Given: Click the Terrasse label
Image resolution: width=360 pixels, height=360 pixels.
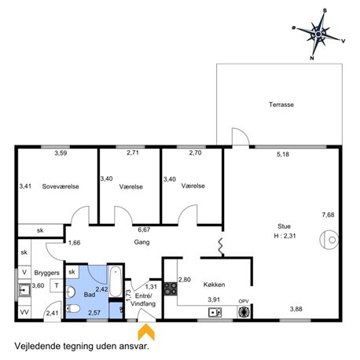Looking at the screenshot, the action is (281, 105).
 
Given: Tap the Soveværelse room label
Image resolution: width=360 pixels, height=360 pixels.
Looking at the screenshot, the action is (61, 186).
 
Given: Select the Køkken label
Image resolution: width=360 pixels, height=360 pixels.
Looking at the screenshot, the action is (214, 285).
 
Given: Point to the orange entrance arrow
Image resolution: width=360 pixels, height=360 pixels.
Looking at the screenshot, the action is (146, 332).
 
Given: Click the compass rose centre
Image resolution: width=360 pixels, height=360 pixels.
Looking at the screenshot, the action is (318, 34).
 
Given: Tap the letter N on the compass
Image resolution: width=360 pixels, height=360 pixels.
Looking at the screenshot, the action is (312, 58).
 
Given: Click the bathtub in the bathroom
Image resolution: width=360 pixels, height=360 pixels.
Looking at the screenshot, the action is (116, 281).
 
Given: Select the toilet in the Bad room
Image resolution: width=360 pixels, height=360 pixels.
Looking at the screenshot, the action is (72, 308).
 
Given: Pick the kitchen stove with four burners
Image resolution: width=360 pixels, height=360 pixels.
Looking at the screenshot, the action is (171, 289).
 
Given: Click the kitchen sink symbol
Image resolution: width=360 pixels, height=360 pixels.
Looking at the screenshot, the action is (215, 312).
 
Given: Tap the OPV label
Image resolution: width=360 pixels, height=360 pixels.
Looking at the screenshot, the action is (244, 301).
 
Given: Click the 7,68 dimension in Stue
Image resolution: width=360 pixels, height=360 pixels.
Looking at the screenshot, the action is (328, 215).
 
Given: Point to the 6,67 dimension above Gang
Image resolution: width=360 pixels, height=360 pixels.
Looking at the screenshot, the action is (144, 230).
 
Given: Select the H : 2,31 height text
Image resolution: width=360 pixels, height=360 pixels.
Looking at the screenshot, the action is (285, 236).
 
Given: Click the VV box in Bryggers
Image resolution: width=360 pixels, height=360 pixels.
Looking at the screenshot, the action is (24, 312).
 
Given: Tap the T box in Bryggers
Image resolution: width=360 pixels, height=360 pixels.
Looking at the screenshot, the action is (57, 285).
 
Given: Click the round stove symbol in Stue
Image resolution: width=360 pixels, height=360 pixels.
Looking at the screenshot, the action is (329, 240).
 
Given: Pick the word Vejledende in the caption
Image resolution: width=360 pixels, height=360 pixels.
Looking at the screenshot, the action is (38, 346).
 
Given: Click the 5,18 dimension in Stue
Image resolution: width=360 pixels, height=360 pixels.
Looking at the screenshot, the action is (283, 154).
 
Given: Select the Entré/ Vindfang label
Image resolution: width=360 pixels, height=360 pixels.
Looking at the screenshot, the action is (143, 299).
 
